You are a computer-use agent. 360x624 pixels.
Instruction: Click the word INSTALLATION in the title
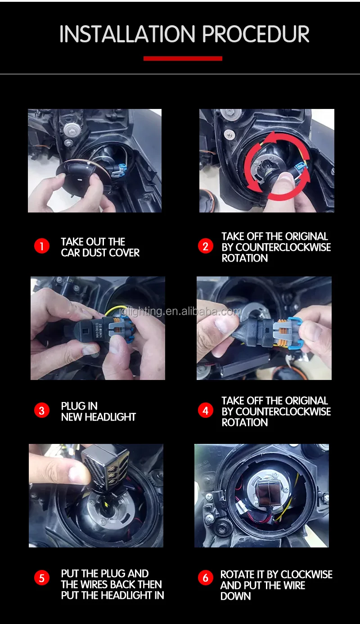[x=128, y=34]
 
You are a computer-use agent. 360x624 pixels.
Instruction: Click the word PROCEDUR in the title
[x=255, y=34]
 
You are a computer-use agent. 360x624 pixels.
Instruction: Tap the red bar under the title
[x=183, y=59]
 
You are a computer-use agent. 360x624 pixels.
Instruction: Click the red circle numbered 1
[x=41, y=246]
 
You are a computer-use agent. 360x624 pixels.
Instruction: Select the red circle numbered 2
[x=205, y=246]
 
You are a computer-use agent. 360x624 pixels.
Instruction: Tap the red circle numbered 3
[x=41, y=411]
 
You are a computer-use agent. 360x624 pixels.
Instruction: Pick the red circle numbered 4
[x=205, y=411]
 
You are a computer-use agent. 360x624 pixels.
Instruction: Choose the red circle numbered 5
[x=41, y=577]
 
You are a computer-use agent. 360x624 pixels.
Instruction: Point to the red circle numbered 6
[x=205, y=577]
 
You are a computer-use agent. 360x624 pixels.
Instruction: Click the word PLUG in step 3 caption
[x=73, y=406]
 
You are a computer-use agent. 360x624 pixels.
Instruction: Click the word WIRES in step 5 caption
[x=94, y=585]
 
